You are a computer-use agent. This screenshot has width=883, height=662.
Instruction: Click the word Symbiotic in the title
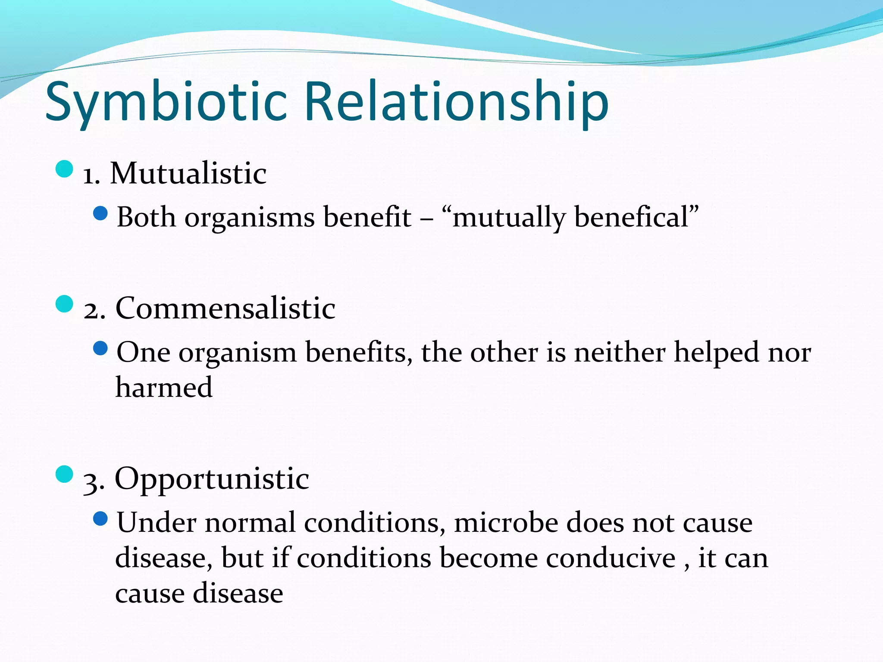[x=166, y=103]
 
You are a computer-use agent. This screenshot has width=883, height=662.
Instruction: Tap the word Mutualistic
[x=188, y=174]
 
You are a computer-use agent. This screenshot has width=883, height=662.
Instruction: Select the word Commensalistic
[x=225, y=309]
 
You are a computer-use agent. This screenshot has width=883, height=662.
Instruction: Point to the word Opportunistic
[x=212, y=479]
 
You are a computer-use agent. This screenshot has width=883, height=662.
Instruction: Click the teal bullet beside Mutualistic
[x=65, y=169]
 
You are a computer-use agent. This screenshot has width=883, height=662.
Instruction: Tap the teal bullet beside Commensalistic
[x=65, y=304]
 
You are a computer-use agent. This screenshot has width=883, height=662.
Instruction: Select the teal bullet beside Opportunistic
[x=65, y=474]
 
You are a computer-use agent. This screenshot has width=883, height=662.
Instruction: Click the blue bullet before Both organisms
[x=100, y=213]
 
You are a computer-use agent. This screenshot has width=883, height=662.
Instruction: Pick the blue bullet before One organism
[x=100, y=348]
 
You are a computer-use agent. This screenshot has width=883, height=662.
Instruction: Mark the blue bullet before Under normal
[x=100, y=518]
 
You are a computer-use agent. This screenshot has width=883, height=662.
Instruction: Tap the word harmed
[x=164, y=387]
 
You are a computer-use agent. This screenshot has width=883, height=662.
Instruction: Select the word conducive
[x=611, y=558]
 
